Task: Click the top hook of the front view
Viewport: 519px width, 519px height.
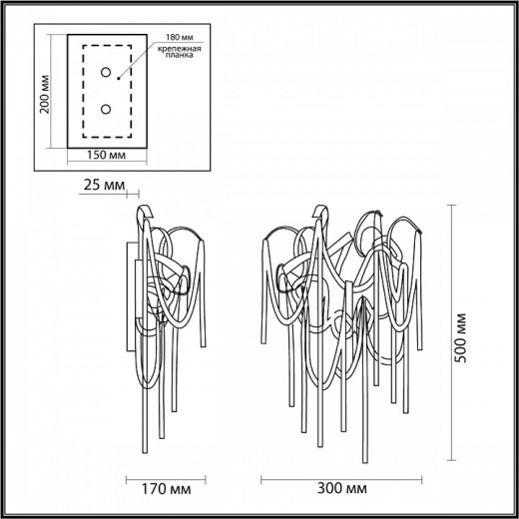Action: tap(320, 212)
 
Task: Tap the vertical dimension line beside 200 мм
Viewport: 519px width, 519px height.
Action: tap(56, 96)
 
